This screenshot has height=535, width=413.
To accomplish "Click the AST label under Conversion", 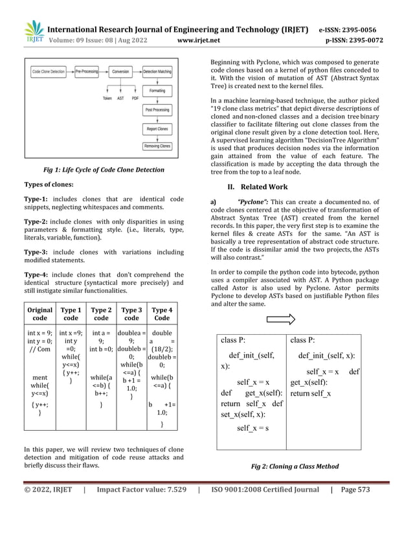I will click(120, 98).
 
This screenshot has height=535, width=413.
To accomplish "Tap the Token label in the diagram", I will click(107, 98).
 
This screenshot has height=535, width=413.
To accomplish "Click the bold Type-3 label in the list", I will click(36, 249).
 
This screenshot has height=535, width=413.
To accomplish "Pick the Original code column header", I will click(40, 314).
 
